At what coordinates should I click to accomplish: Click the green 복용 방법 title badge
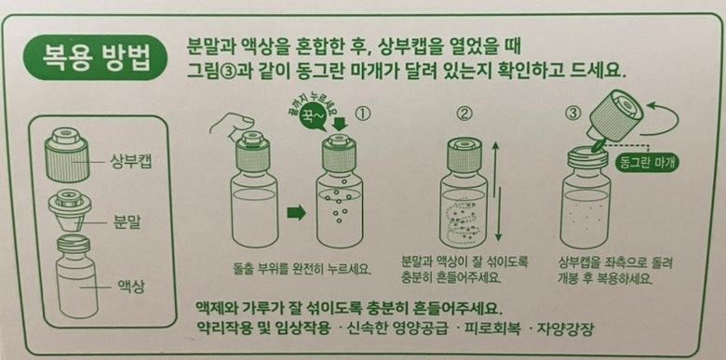point(94,58)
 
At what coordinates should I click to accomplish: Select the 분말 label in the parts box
point(127,224)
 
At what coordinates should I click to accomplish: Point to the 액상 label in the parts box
point(131,287)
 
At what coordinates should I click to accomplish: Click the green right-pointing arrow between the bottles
point(297,212)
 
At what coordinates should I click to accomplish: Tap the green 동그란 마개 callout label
point(648,163)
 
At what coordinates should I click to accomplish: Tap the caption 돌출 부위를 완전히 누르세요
point(302,269)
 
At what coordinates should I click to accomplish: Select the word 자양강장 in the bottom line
point(565,329)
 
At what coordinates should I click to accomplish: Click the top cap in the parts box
point(67,154)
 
